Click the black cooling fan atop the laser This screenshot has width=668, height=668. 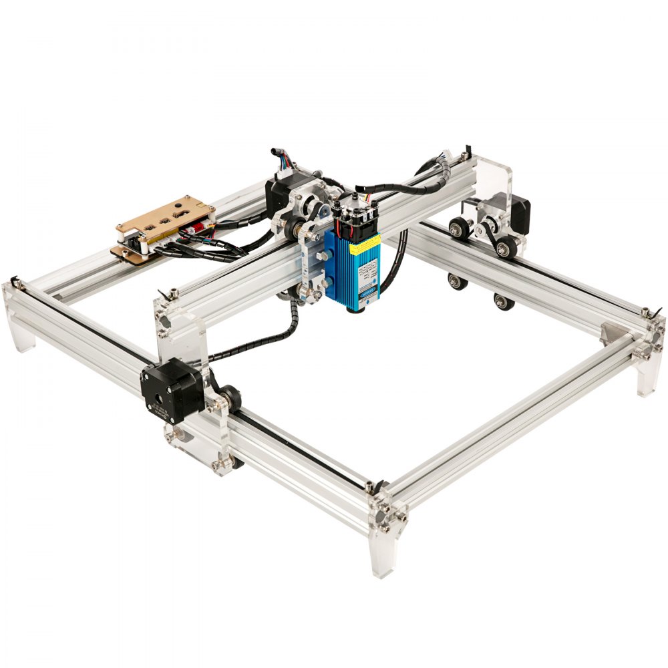point(353,214)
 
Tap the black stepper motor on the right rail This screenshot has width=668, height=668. point(518,210)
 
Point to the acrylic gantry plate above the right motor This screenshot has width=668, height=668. point(491,176)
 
